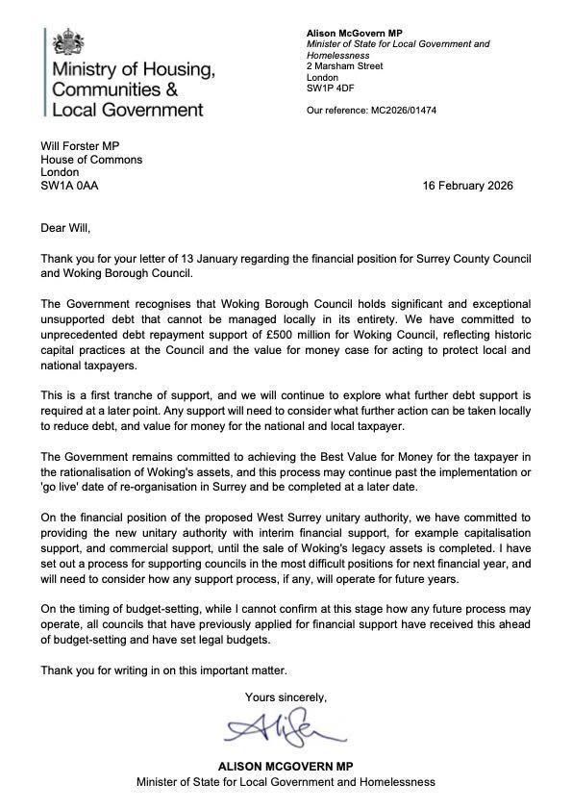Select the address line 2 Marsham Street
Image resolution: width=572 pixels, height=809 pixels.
coord(344,66)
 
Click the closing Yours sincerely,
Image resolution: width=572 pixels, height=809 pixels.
coord(286,696)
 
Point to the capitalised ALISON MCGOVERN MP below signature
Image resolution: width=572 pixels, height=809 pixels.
coord(286,766)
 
